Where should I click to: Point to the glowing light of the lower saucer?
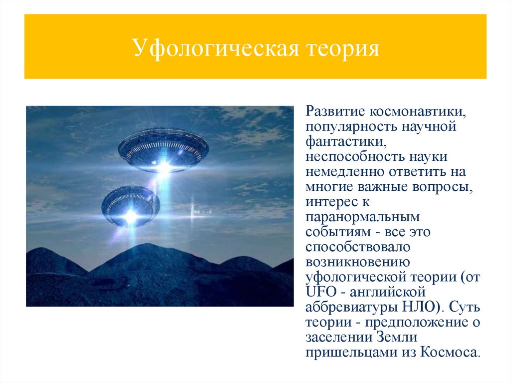coord(131,216)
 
